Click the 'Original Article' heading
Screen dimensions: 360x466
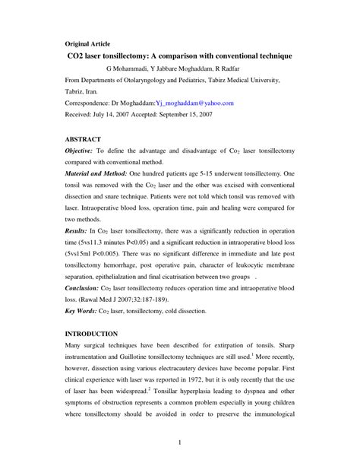pyautogui.click(x=88, y=43)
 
